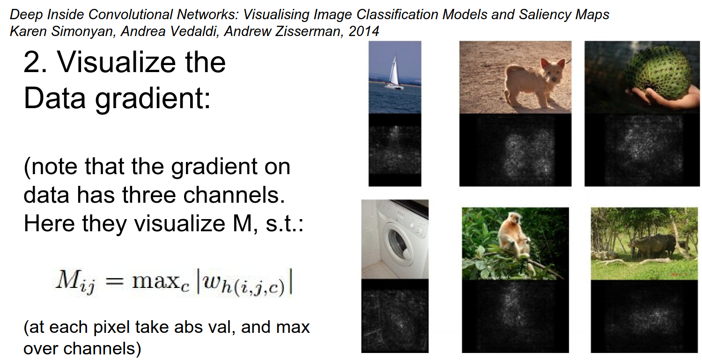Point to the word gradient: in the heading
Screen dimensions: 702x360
pyautogui.click(x=153, y=99)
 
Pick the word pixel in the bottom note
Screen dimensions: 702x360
pyautogui.click(x=111, y=327)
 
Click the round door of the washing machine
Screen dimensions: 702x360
pyautogui.click(x=399, y=244)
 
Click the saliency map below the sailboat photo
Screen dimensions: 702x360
pyautogui.click(x=395, y=150)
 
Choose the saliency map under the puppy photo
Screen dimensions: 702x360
pyautogui.click(x=515, y=150)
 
